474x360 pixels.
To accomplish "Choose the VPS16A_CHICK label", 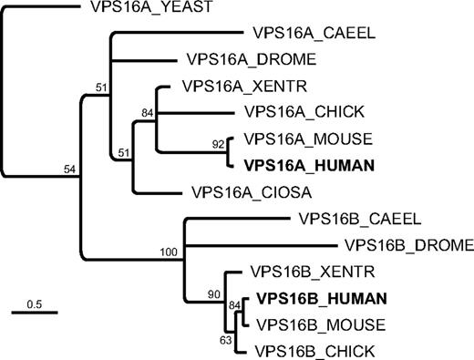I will [299, 113].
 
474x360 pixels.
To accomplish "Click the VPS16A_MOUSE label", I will [299, 140].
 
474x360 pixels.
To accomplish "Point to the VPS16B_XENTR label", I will [301, 272].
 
